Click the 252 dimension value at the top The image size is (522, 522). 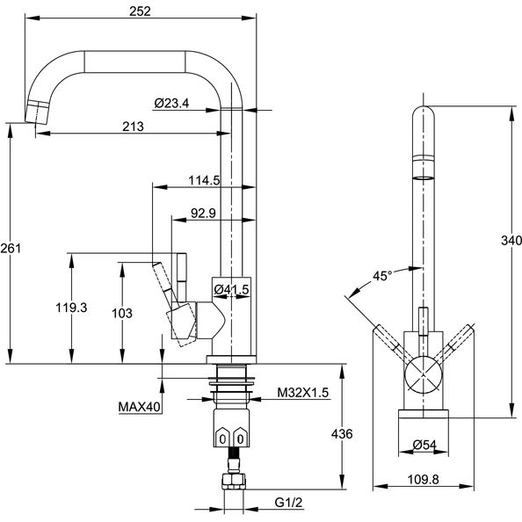click(x=140, y=11)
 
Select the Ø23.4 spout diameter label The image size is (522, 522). click(x=171, y=103)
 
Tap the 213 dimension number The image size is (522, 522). click(x=134, y=127)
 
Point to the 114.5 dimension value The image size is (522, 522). click(x=205, y=180)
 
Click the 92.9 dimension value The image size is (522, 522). click(x=203, y=213)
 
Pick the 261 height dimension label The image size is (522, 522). click(x=11, y=248)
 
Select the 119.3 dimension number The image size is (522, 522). click(x=71, y=308)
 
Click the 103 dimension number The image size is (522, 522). click(x=122, y=313)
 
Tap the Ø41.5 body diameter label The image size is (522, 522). click(x=232, y=290)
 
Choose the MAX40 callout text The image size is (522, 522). click(x=140, y=407)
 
